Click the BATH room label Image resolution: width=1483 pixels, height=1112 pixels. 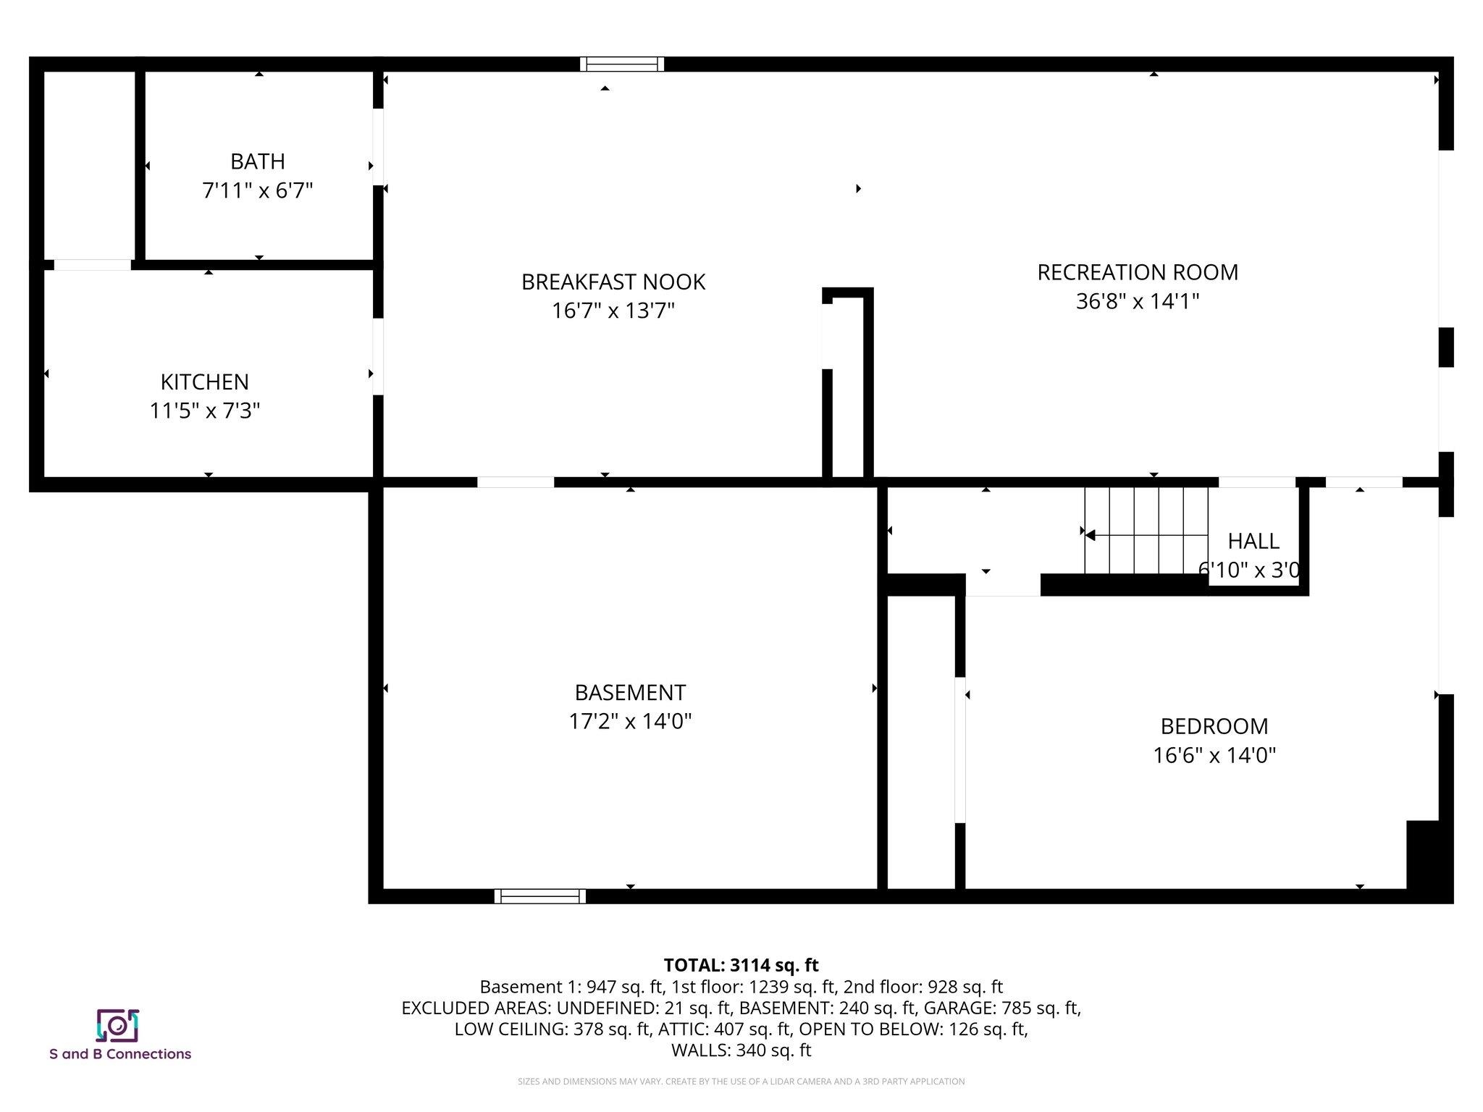pyautogui.click(x=257, y=161)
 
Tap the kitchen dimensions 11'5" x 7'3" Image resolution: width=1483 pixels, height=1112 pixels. pyautogui.click(x=205, y=410)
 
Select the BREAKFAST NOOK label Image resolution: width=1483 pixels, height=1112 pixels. pyautogui.click(x=613, y=282)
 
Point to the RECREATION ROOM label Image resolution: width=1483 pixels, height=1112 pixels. pyautogui.click(x=1137, y=272)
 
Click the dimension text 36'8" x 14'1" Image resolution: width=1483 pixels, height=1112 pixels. pyautogui.click(x=1137, y=301)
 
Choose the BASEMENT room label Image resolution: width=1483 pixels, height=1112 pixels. pyautogui.click(x=630, y=693)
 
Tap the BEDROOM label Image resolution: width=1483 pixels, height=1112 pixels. pyautogui.click(x=1214, y=726)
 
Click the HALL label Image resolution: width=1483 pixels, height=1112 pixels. pyautogui.click(x=1253, y=541)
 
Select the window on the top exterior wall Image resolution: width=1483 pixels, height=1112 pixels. pyautogui.click(x=622, y=64)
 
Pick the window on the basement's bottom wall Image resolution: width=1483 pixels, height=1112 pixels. pyautogui.click(x=540, y=896)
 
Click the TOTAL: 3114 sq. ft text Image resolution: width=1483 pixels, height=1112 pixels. pyautogui.click(x=741, y=965)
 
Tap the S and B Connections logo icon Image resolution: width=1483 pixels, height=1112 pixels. pyautogui.click(x=117, y=1025)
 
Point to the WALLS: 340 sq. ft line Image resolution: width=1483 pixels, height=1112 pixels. pyautogui.click(x=741, y=1050)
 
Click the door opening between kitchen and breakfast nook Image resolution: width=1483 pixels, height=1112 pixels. pyautogui.click(x=378, y=356)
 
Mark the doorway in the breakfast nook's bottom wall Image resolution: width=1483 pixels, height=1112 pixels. pyautogui.click(x=516, y=482)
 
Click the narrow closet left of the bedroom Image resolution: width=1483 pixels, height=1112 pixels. pyautogui.click(x=921, y=742)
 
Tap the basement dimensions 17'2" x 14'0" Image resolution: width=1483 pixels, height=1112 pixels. pyautogui.click(x=630, y=722)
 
